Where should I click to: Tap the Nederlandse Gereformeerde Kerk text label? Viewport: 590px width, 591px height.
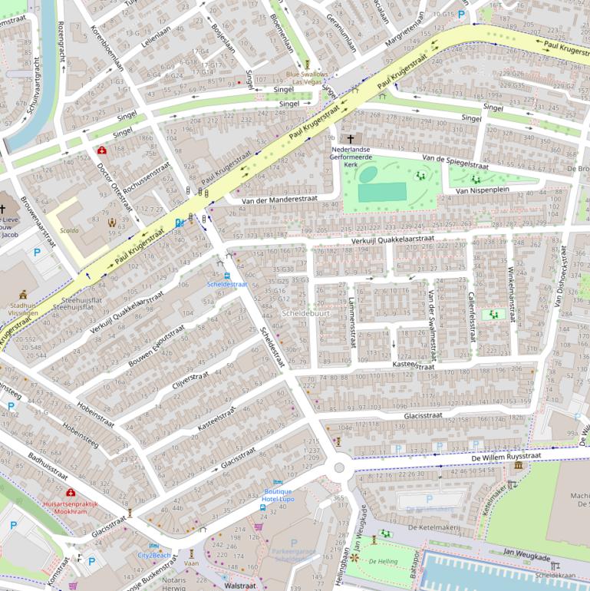(351, 157)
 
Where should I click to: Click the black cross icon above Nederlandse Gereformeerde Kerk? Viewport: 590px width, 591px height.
(351, 138)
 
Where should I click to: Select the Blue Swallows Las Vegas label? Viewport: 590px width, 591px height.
(307, 78)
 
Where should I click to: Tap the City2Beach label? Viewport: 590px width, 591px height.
(154, 554)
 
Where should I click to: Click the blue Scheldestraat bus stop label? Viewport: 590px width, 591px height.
(227, 284)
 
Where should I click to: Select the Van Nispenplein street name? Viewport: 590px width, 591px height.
(483, 190)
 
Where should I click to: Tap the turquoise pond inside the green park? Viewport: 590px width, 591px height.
(368, 175)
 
